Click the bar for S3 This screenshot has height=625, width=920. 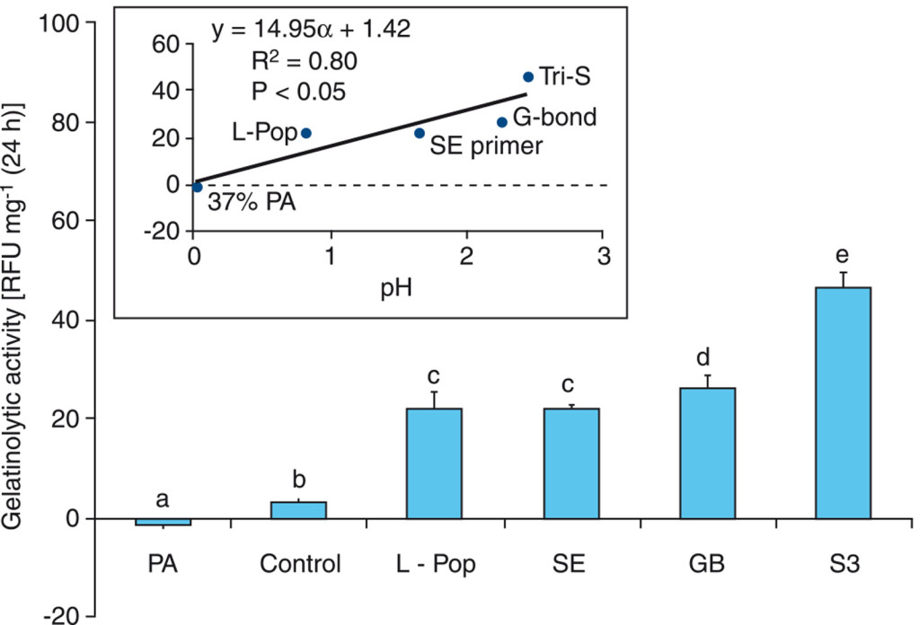pyautogui.click(x=843, y=403)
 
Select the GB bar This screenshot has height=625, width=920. pyautogui.click(x=707, y=453)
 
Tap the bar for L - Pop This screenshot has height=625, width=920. pyautogui.click(x=435, y=463)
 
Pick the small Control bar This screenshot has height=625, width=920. pyautogui.click(x=299, y=510)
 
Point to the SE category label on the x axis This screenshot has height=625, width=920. pyautogui.click(x=570, y=566)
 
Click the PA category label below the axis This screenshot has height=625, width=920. pyautogui.click(x=163, y=566)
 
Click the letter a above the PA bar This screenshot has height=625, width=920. pyautogui.click(x=163, y=499)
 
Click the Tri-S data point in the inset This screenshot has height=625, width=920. pyautogui.click(x=528, y=77)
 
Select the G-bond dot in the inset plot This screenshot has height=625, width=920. pyautogui.click(x=502, y=122)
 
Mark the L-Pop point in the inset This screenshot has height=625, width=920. pyautogui.click(x=306, y=133)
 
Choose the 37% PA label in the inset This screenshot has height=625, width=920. pyautogui.click(x=252, y=203)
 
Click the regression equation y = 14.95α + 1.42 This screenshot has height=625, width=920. pyautogui.click(x=311, y=30)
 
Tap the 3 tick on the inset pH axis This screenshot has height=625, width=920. pyautogui.click(x=603, y=256)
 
